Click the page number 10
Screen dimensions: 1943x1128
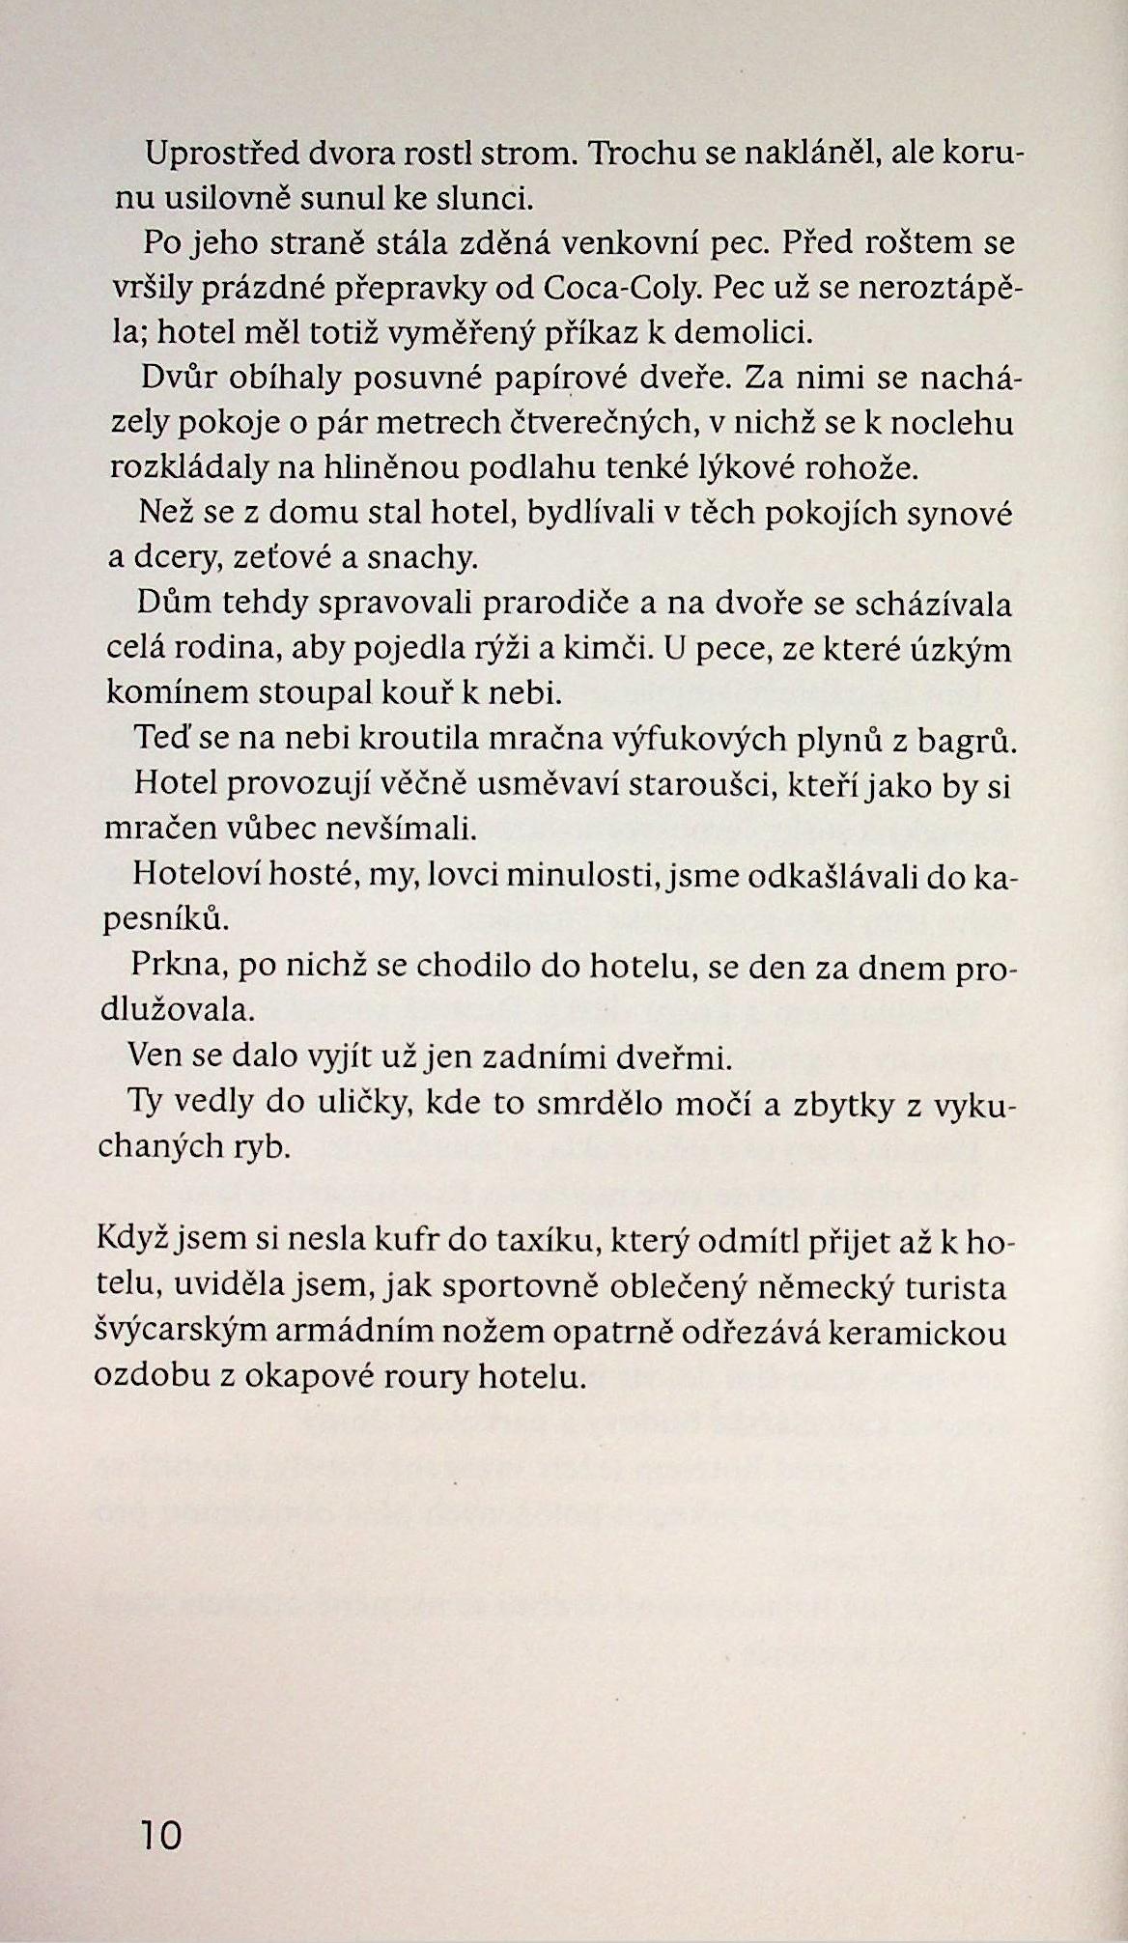160,1835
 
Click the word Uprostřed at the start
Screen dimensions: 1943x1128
219,154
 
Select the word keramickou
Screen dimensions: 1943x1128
920,1333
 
